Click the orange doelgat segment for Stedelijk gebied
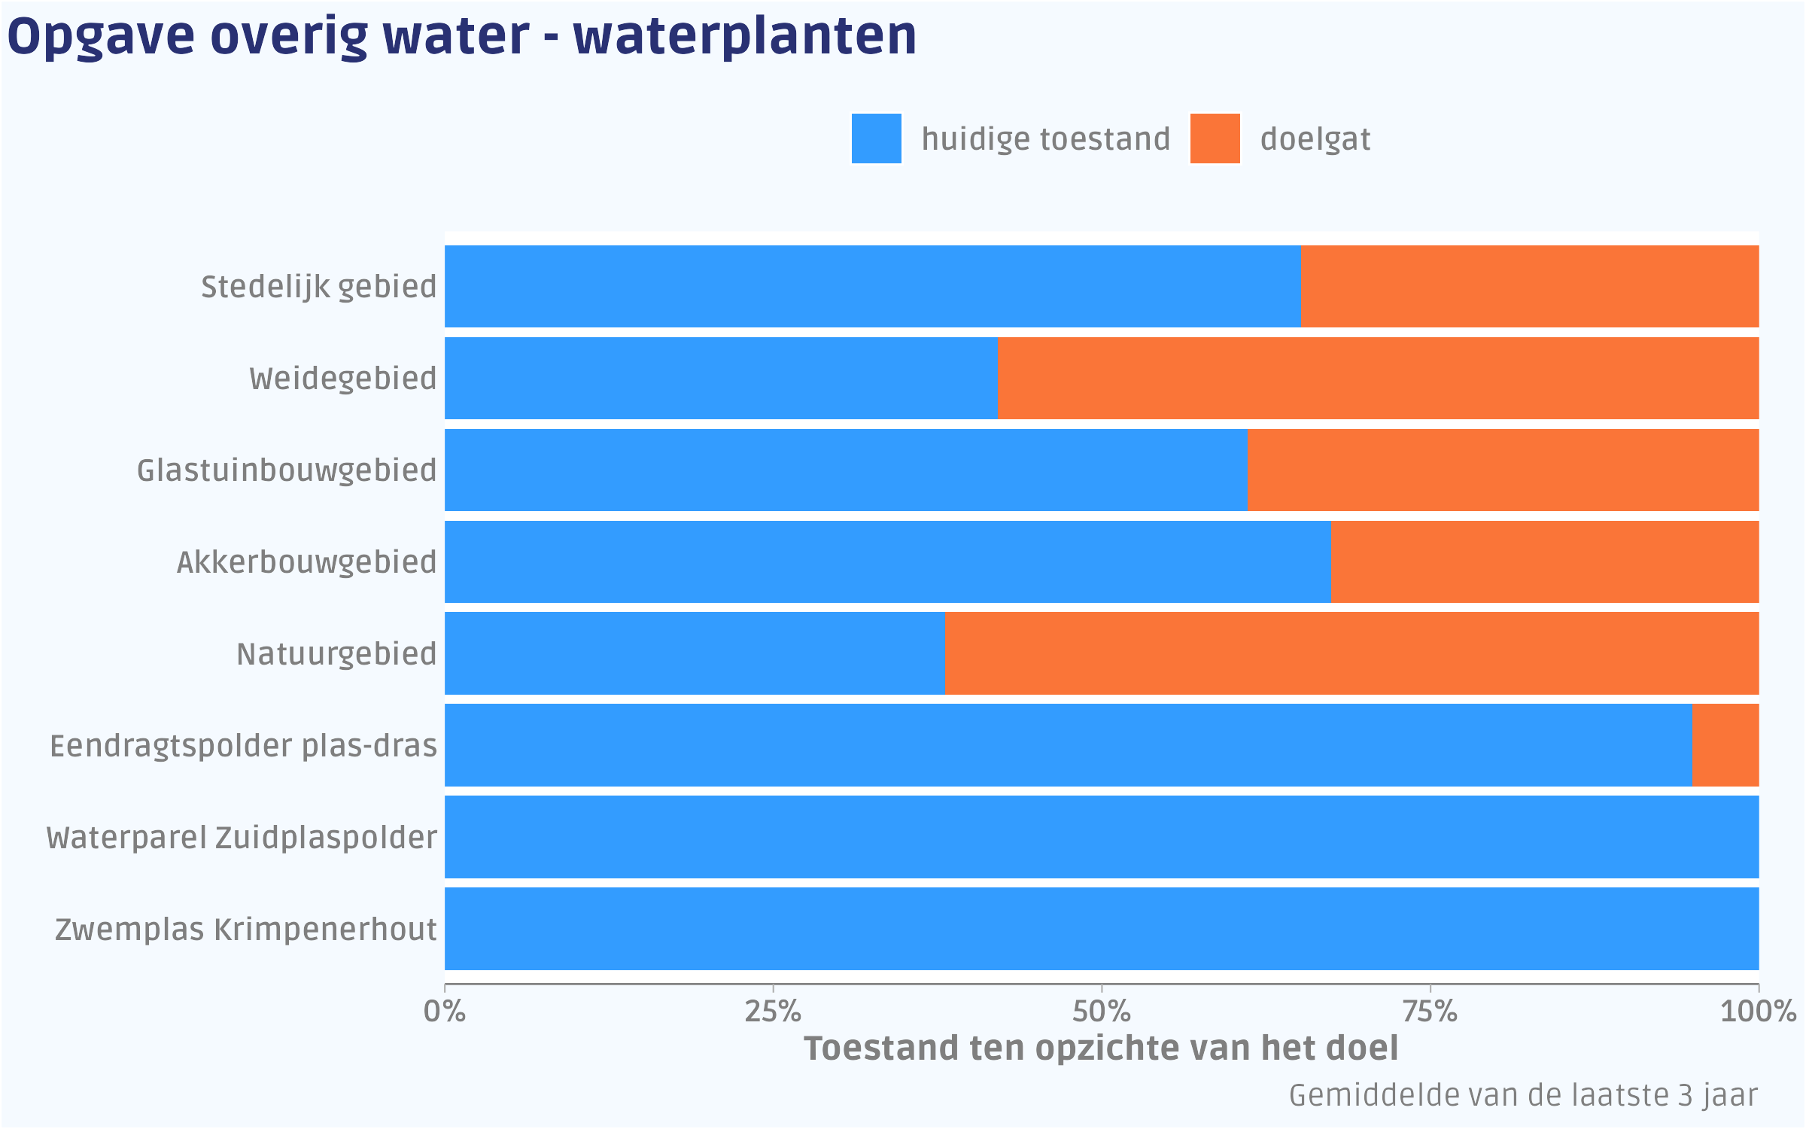pos(1529,287)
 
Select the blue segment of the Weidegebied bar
pos(721,379)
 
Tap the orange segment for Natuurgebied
pos(1351,653)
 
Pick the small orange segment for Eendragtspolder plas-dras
pos(1725,745)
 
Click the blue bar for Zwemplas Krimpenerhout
pos(1102,929)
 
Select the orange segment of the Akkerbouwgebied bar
pos(1544,561)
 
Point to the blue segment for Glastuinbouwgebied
pos(846,470)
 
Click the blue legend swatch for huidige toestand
pos(876,138)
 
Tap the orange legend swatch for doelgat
pos(1215,138)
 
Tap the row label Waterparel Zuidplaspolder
pos(242,838)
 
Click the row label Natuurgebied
pos(336,654)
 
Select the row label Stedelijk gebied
pos(318,287)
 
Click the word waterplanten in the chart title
pos(745,36)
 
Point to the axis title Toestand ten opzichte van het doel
pos(1101,1048)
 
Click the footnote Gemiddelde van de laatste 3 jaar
pos(1523,1096)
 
